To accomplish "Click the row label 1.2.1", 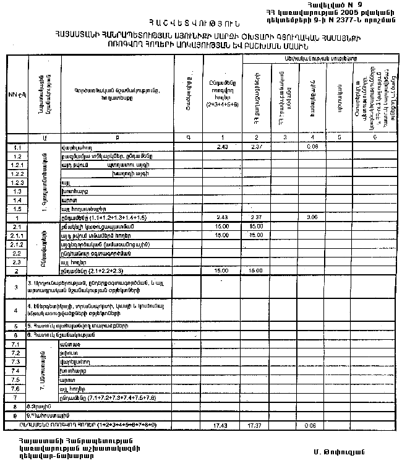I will pos(17,166).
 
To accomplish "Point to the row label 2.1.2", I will pos(17,244).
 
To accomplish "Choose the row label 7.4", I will pos(17,370).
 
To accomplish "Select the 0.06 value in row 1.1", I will pos(312,147).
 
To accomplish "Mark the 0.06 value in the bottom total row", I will pos(312,426).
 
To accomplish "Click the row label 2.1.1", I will pos(17,236).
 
